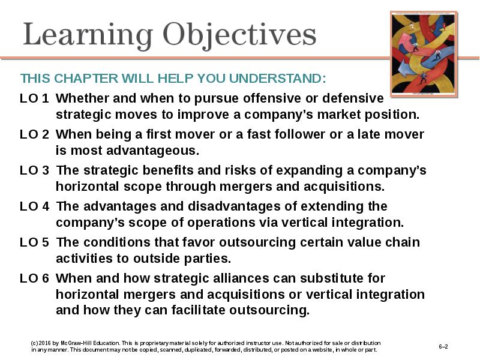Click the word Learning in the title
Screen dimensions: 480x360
tap(88, 35)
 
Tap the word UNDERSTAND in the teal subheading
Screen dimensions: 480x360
tap(277, 79)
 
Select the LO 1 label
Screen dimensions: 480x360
tap(34, 98)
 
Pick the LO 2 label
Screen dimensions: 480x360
tap(34, 134)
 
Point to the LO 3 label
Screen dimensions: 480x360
tap(34, 170)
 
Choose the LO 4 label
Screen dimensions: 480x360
tap(34, 206)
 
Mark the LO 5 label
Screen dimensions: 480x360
tap(34, 242)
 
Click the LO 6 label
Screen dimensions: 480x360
tap(34, 278)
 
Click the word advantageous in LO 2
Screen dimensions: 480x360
tap(153, 151)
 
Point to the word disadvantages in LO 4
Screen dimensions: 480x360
tap(234, 206)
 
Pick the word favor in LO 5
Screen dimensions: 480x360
tap(199, 242)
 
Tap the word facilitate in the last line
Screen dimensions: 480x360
tap(198, 310)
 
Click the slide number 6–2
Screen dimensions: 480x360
tap(443, 347)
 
